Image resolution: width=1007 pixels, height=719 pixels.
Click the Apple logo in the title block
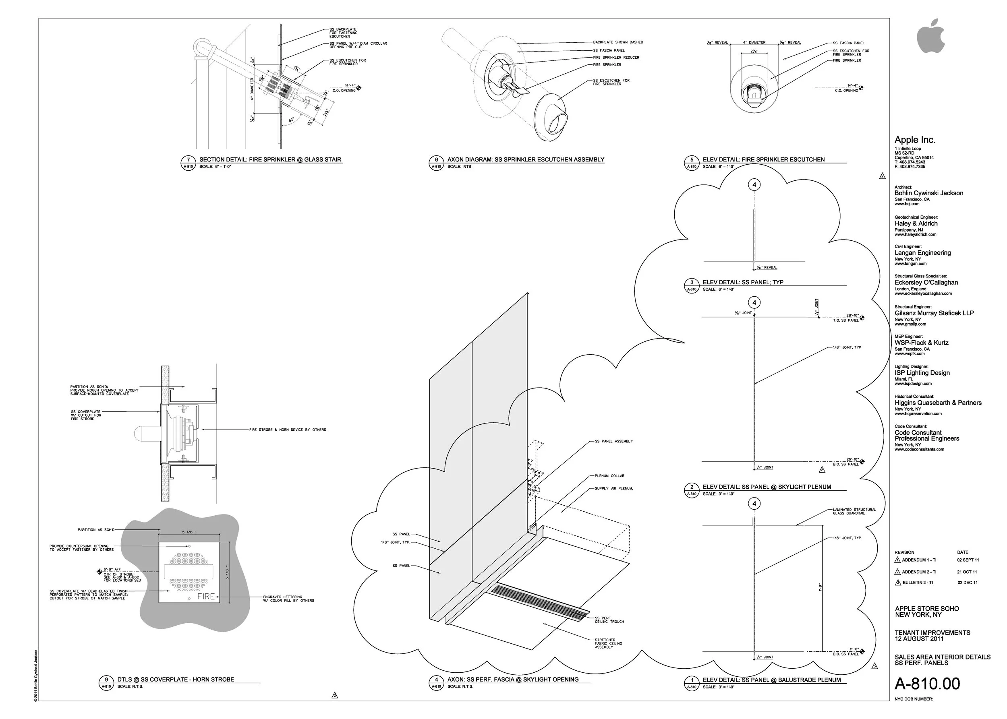point(930,36)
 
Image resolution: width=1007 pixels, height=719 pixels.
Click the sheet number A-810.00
point(927,684)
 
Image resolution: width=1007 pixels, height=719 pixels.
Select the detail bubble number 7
point(188,160)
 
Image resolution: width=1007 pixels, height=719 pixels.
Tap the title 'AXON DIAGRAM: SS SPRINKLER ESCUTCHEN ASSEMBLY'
point(525,159)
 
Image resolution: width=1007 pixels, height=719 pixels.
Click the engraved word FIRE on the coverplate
point(206,596)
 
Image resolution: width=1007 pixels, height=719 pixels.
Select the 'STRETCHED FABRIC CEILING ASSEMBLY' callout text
point(605,643)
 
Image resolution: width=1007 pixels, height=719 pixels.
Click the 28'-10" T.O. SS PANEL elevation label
point(848,318)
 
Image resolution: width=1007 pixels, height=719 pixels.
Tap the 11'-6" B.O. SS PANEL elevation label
point(848,651)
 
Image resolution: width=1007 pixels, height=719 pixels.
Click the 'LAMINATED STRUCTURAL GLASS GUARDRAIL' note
point(854,511)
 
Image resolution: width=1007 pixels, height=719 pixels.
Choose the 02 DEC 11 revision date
point(967,583)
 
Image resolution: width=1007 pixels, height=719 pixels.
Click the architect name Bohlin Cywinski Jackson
point(928,193)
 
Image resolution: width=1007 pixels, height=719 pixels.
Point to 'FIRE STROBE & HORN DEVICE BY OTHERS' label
point(288,430)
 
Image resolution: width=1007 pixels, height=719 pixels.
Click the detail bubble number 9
point(106,680)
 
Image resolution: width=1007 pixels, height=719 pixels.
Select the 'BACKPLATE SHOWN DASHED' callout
point(618,42)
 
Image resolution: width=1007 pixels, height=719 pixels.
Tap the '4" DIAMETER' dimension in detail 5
point(754,43)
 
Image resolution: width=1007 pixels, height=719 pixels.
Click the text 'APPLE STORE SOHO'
point(927,609)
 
